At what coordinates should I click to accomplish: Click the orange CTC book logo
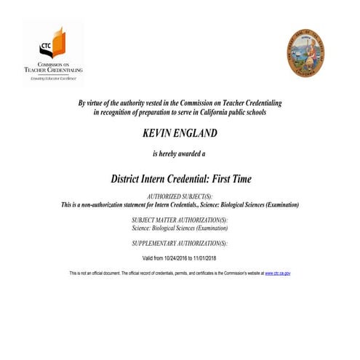coord(52,44)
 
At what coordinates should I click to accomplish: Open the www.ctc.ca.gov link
coord(278,273)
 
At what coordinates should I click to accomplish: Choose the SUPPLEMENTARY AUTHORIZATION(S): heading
coord(180,243)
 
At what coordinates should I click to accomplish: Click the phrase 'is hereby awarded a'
coord(180,154)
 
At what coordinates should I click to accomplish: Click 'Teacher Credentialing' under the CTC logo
coord(54,70)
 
